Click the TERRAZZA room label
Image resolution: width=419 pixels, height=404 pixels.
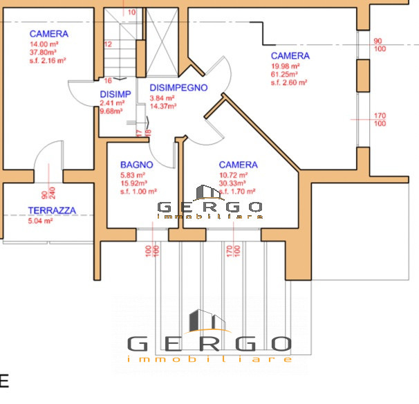click(52, 210)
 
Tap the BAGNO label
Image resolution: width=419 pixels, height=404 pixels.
click(137, 165)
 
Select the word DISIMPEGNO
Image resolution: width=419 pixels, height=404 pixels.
click(178, 88)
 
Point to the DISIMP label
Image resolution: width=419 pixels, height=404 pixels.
click(115, 94)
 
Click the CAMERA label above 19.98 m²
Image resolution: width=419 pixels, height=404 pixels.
click(290, 55)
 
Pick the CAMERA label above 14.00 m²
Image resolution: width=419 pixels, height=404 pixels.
click(48, 34)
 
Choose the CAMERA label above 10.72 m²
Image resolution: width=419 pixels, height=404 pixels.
click(238, 165)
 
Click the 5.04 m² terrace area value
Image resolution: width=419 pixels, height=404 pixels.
click(40, 221)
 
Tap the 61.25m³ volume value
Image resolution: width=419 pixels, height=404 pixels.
click(284, 74)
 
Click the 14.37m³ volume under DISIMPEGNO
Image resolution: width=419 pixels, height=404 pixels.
click(164, 107)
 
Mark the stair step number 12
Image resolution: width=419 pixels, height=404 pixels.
click(108, 44)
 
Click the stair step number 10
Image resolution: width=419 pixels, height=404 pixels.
click(132, 12)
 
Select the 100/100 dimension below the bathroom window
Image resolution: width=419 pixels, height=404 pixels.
click(152, 249)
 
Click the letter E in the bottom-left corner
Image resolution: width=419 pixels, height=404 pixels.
click(4, 380)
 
